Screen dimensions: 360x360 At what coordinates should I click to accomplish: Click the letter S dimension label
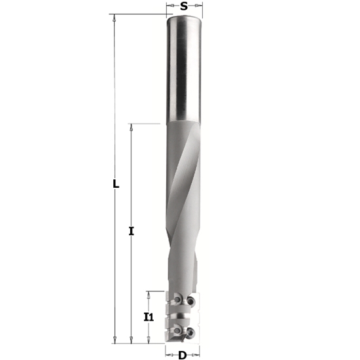point(184,6)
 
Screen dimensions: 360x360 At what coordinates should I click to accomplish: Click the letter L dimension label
point(115,185)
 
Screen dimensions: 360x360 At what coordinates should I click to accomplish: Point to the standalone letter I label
point(132,231)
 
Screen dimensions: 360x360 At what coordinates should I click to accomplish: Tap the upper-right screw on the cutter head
point(190,300)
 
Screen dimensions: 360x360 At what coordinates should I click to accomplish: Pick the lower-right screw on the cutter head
point(190,332)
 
